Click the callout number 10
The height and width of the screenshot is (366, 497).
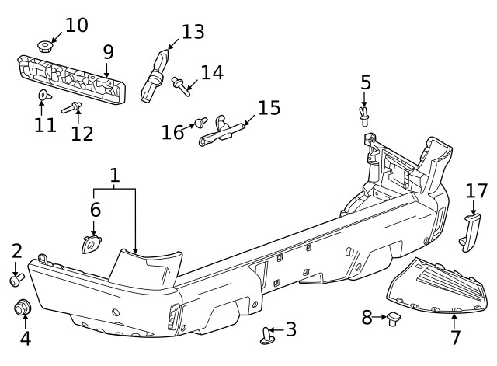pos(76,25)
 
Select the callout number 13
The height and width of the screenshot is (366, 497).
pos(193,32)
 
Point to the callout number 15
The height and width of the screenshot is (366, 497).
pos(269,106)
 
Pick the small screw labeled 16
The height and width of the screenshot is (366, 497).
pos(200,122)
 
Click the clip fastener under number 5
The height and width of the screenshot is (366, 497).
pos(365,115)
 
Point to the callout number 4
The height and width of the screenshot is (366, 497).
pos(25,339)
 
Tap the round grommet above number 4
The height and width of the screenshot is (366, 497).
pos(23,308)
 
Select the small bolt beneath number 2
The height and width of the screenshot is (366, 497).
pos(17,278)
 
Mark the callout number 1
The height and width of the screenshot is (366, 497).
pos(114,176)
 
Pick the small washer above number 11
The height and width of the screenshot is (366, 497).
pos(43,96)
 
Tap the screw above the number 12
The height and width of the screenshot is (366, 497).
pos(71,107)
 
